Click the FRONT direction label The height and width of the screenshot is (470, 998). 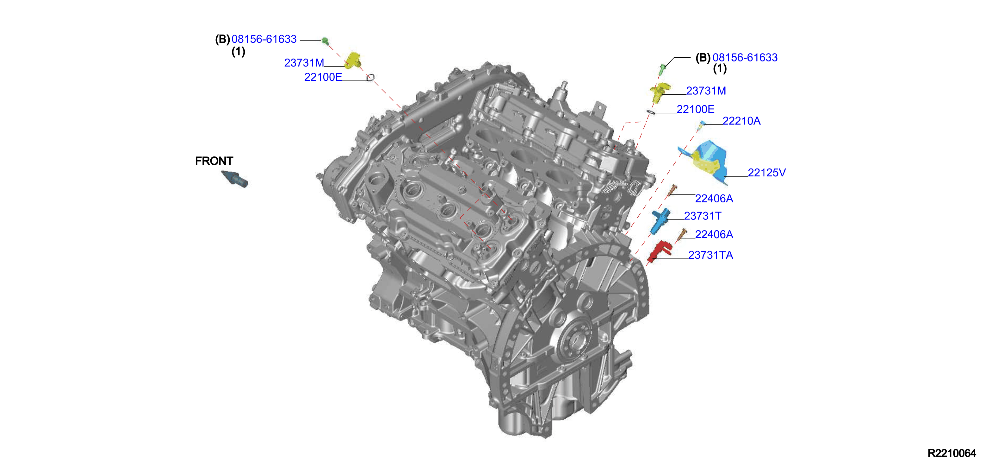point(214,161)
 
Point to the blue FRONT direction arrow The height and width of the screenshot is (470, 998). point(234,179)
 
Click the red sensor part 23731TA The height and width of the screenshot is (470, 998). point(660,251)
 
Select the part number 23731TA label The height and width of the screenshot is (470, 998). point(710,255)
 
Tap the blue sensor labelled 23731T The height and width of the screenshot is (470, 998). point(660,221)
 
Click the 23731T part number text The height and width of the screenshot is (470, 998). point(703,216)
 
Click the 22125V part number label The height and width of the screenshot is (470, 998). point(767,173)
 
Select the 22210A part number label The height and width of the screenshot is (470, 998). point(741,121)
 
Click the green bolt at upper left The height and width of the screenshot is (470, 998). point(325,40)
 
